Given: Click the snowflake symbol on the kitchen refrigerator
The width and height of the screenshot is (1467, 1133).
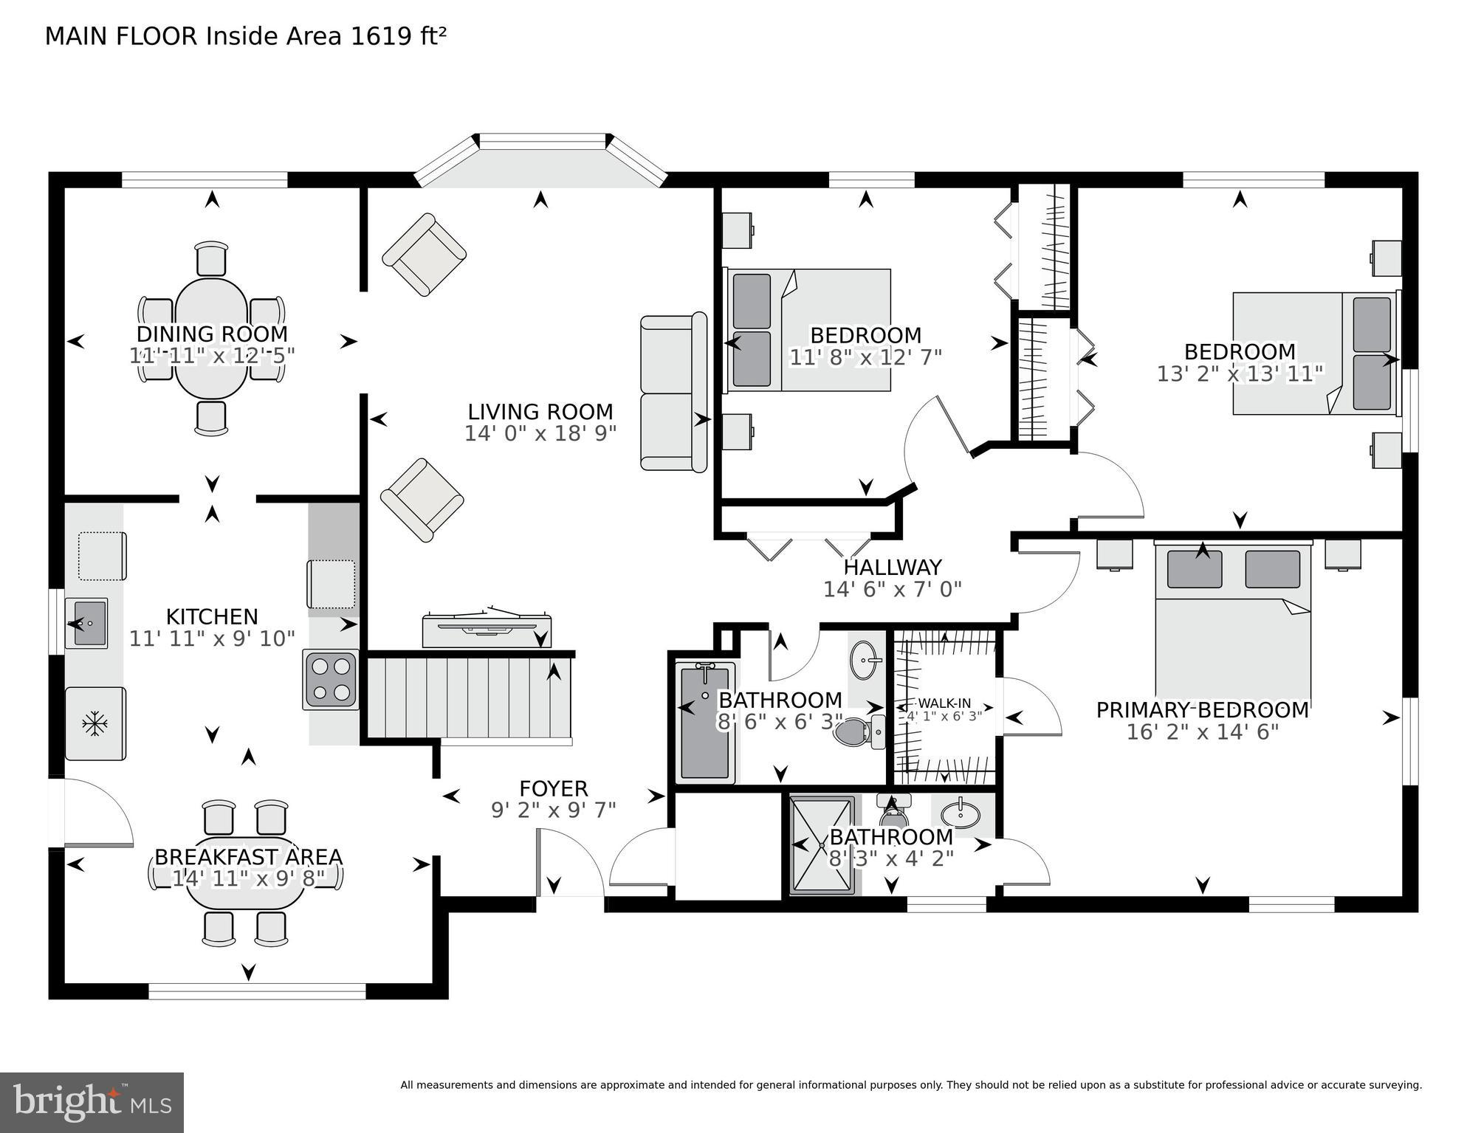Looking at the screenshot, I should [x=95, y=723].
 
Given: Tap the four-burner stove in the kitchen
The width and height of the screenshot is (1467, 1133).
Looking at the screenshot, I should [x=331, y=680].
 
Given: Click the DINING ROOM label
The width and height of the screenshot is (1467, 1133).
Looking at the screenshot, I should [x=212, y=334].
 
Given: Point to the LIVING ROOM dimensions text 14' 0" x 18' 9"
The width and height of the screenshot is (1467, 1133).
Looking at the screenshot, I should [x=540, y=433].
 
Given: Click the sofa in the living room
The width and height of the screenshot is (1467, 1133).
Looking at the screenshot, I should [x=673, y=393].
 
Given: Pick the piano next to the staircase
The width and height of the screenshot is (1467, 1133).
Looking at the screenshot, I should [x=487, y=628].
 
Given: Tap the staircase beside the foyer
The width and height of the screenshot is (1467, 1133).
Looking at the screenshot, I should [x=469, y=697].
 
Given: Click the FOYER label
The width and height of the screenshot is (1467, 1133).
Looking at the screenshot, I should [x=553, y=789].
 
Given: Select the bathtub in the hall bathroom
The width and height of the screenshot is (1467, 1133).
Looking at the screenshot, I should [x=705, y=722].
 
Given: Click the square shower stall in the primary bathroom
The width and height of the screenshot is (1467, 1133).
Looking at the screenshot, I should [x=822, y=845].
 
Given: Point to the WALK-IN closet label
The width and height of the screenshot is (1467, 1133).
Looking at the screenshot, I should [x=944, y=703].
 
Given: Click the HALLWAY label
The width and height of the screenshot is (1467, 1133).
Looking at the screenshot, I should [x=892, y=567].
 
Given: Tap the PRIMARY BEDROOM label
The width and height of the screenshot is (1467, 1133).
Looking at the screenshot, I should [x=1202, y=710].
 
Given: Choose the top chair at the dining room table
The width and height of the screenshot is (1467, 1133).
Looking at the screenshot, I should [x=212, y=258].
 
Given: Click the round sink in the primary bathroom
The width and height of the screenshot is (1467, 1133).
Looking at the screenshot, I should [x=960, y=814].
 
